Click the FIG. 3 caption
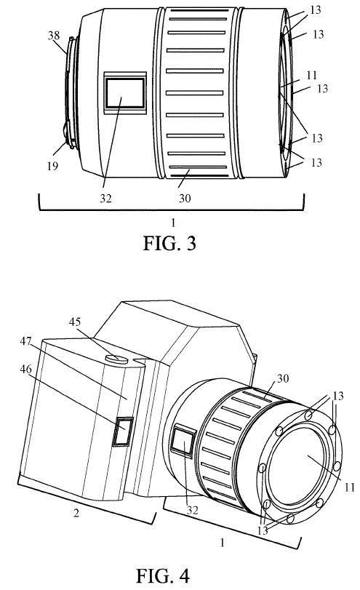click(x=169, y=244)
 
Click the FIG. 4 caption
click(x=162, y=575)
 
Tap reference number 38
click(x=54, y=36)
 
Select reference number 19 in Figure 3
click(x=52, y=166)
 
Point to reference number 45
click(x=75, y=322)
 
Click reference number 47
click(x=26, y=342)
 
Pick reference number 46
click(x=26, y=369)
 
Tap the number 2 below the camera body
click(x=76, y=513)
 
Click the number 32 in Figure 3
click(x=105, y=199)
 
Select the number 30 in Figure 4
click(x=282, y=378)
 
